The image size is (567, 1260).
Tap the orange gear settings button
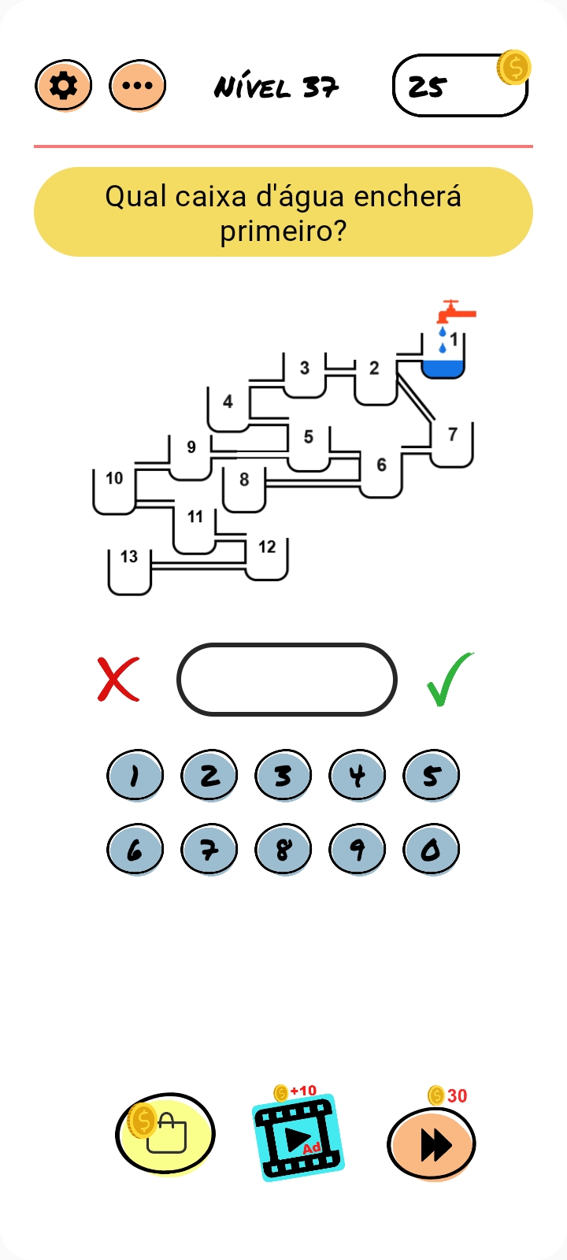point(64,85)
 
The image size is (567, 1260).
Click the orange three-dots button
point(138,85)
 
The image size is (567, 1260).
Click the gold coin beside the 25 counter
point(513,68)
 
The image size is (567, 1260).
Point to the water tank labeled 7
point(452,444)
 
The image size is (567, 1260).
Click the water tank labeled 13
point(130,571)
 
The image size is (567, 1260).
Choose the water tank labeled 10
point(115,491)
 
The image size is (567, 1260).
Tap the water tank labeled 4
point(228,409)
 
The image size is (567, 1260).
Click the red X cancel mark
point(118,679)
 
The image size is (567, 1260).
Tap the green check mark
point(450,679)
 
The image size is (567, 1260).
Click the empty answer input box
point(287,680)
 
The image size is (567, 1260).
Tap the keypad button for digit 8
point(283,850)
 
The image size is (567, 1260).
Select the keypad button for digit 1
point(135,776)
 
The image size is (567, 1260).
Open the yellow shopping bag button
point(165,1134)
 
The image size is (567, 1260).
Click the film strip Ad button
point(298,1137)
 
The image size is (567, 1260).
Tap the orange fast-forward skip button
point(432,1144)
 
